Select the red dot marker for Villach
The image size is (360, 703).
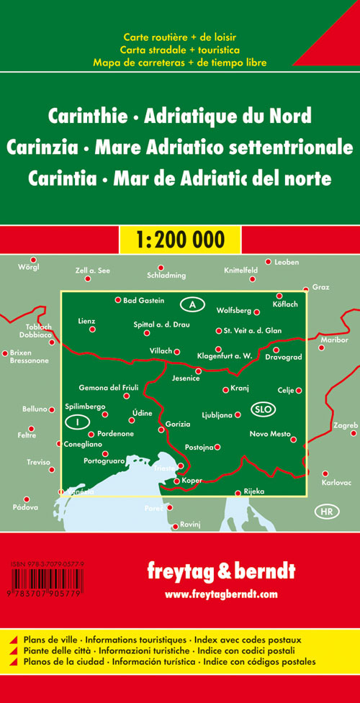click(x=176, y=351)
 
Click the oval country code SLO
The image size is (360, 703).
click(x=262, y=409)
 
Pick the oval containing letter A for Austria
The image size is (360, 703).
click(x=192, y=304)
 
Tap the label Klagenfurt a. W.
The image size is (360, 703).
click(x=224, y=356)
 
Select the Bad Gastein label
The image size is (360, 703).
click(x=144, y=300)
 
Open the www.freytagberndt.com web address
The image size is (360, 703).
click(x=220, y=594)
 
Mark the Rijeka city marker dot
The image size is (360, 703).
click(x=238, y=493)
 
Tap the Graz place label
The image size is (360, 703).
click(x=320, y=287)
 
